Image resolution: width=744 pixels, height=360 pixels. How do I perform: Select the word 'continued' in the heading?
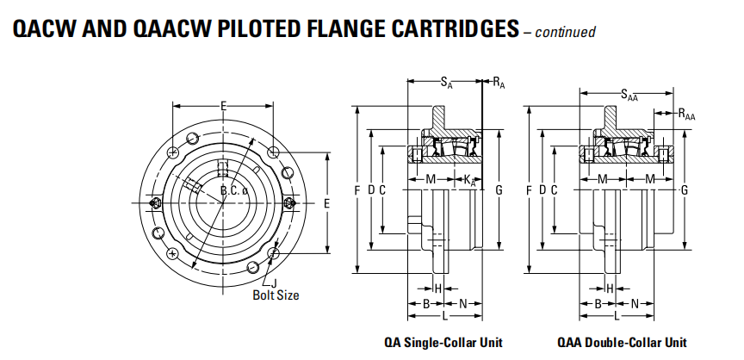pos(566,33)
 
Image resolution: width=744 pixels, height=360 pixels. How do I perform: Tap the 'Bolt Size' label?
pos(276,295)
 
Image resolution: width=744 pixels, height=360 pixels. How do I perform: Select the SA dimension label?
pos(445,83)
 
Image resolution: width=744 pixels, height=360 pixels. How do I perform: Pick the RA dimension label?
pos(499,83)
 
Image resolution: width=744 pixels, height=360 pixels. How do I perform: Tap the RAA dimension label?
pos(686,113)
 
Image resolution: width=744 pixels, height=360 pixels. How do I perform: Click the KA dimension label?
pos(469,179)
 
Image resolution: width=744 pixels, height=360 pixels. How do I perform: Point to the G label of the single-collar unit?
pos(499,189)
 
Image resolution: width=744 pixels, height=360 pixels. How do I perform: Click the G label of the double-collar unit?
pos(684,189)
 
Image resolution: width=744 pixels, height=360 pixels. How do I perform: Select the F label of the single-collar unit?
pos(356,189)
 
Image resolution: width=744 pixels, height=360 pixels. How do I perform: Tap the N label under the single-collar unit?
pos(462,303)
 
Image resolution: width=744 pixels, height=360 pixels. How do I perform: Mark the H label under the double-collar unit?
pos(610,288)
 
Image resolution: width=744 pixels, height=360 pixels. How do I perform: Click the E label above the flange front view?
pos(223,106)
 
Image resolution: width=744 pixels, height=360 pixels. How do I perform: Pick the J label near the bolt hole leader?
pos(275,283)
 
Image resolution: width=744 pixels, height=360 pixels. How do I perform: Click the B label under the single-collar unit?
pos(426,303)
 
